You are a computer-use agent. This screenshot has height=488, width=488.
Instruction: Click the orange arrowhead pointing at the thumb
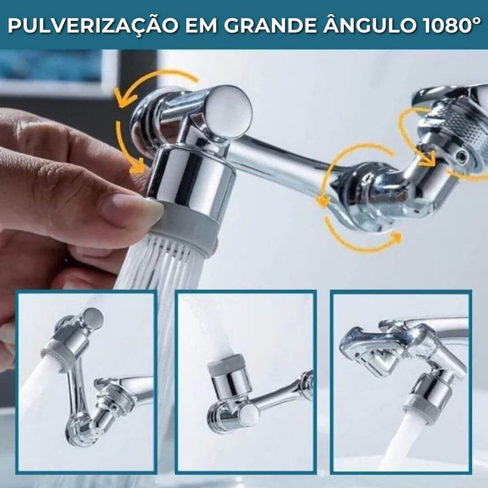click(x=138, y=166)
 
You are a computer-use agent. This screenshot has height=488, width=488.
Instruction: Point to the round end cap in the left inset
click(x=92, y=318)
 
